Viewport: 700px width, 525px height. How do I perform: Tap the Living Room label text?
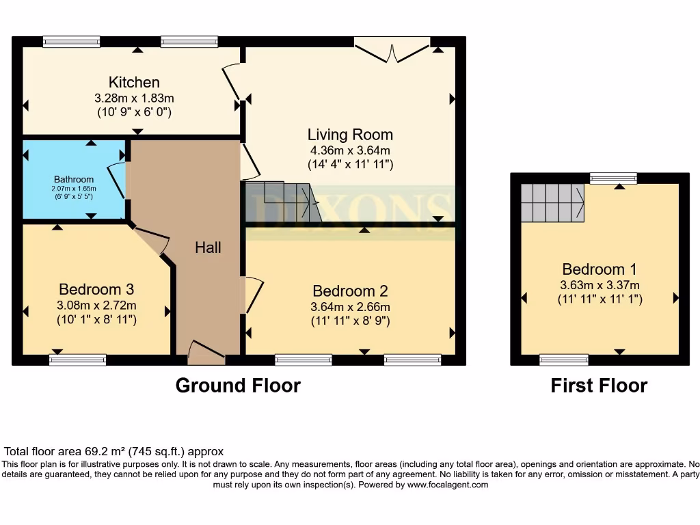coord(350,135)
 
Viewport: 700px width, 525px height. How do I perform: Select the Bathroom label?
coord(75,180)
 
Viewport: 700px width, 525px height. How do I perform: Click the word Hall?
coord(208,247)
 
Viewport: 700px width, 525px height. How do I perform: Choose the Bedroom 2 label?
coord(350,291)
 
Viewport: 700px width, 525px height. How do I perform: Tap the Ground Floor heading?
coord(238,386)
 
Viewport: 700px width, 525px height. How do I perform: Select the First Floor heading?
coord(599,386)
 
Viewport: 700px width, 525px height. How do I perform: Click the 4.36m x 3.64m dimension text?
coord(350,150)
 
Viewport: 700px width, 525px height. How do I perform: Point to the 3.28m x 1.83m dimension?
coord(135,98)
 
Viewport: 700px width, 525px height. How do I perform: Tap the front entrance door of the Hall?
coord(206,351)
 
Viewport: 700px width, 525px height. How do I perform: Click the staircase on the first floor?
coord(552,202)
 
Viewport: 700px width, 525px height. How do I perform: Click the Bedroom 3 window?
coord(78,360)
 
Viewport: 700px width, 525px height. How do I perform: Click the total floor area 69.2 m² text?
coord(114,452)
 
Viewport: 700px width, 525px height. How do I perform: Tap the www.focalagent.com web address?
coord(448,485)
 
